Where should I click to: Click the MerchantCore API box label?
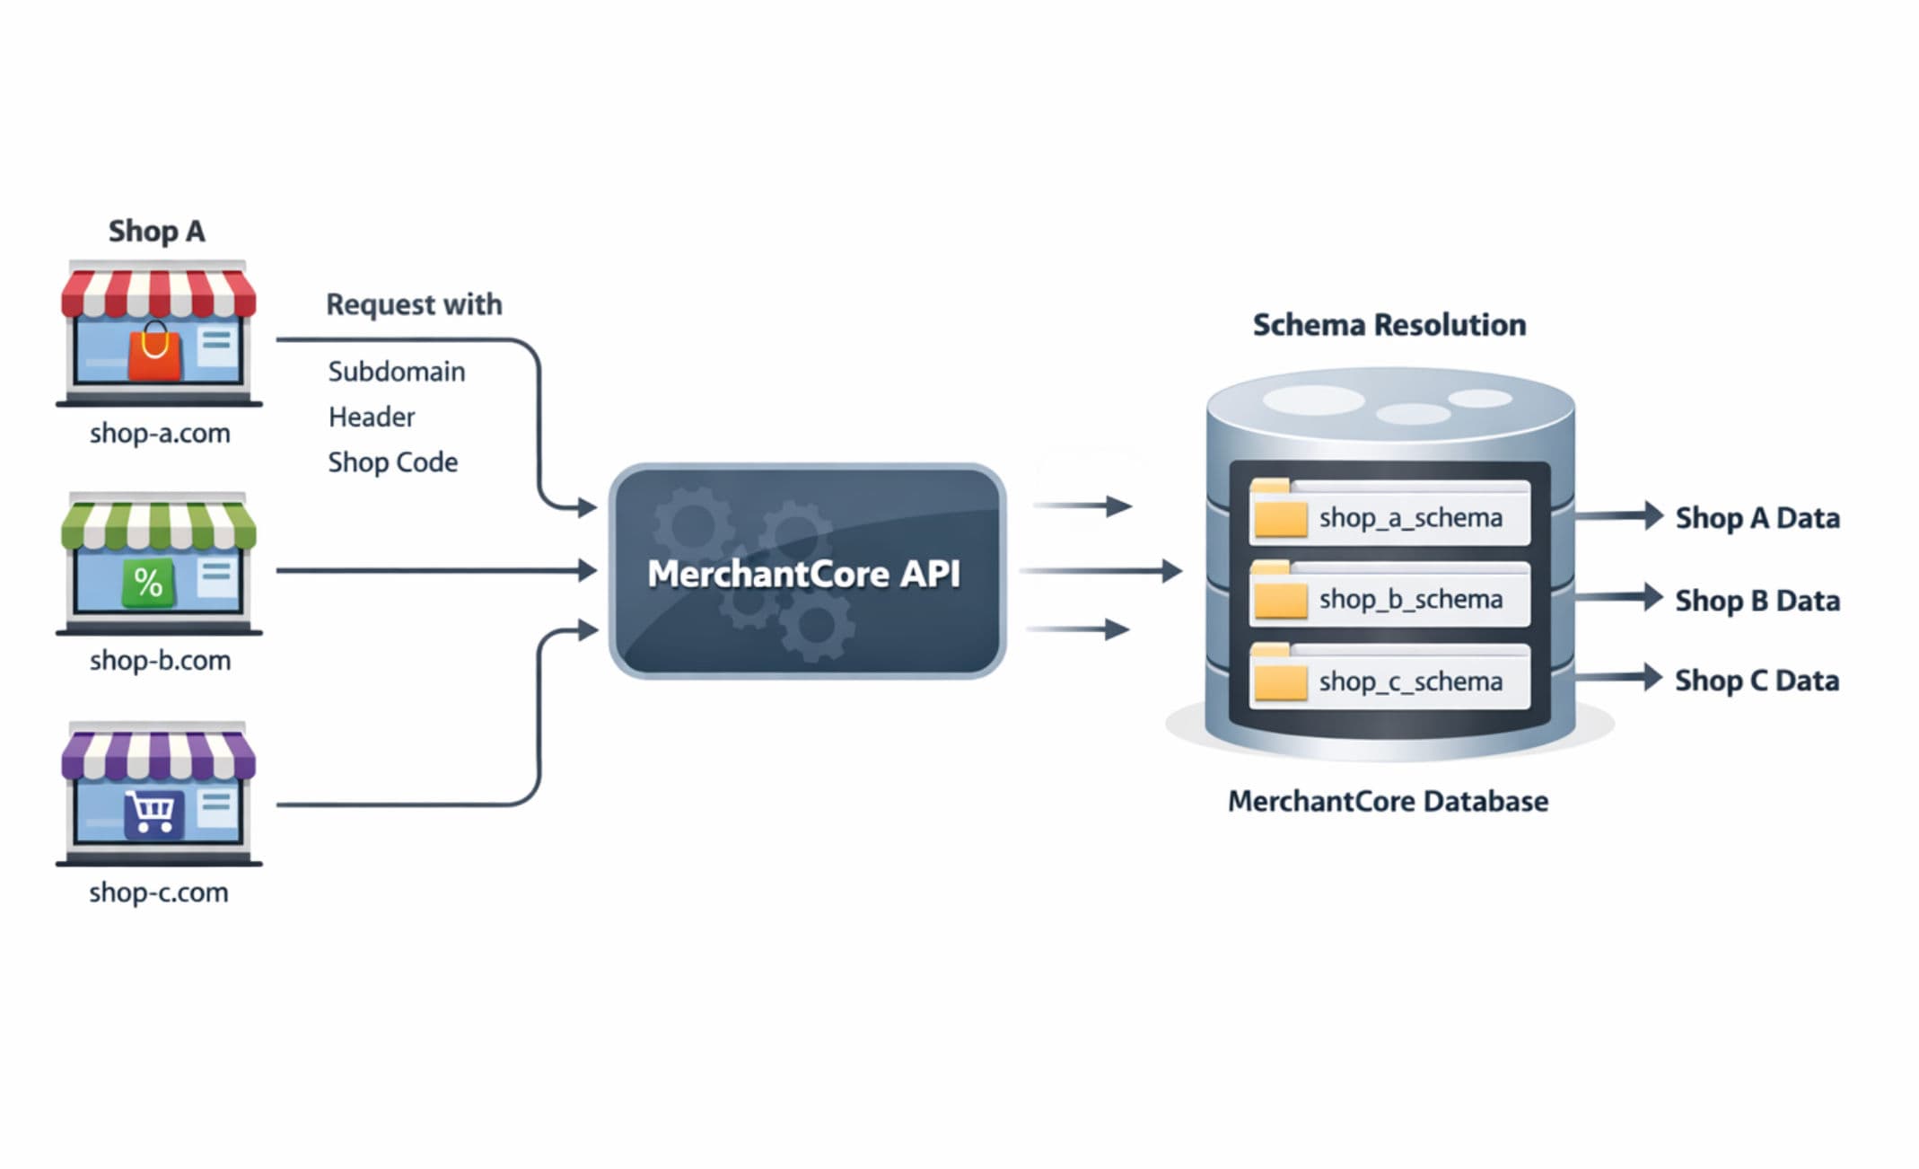pos(803,574)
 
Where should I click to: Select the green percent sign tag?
pos(148,583)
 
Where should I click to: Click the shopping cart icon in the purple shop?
pos(153,813)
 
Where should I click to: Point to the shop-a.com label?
pos(160,434)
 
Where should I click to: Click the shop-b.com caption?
pos(160,661)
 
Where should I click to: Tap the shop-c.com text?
pos(159,892)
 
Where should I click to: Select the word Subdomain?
pos(396,372)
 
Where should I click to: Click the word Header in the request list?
pos(372,417)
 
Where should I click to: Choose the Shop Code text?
pos(392,462)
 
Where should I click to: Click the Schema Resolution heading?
pos(1389,325)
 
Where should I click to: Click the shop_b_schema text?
pos(1410,600)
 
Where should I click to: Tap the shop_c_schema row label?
pos(1410,681)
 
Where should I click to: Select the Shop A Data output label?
pos(1757,518)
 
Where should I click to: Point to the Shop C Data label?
pos(1757,681)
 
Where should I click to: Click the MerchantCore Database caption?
pos(1388,801)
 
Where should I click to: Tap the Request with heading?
pos(414,304)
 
